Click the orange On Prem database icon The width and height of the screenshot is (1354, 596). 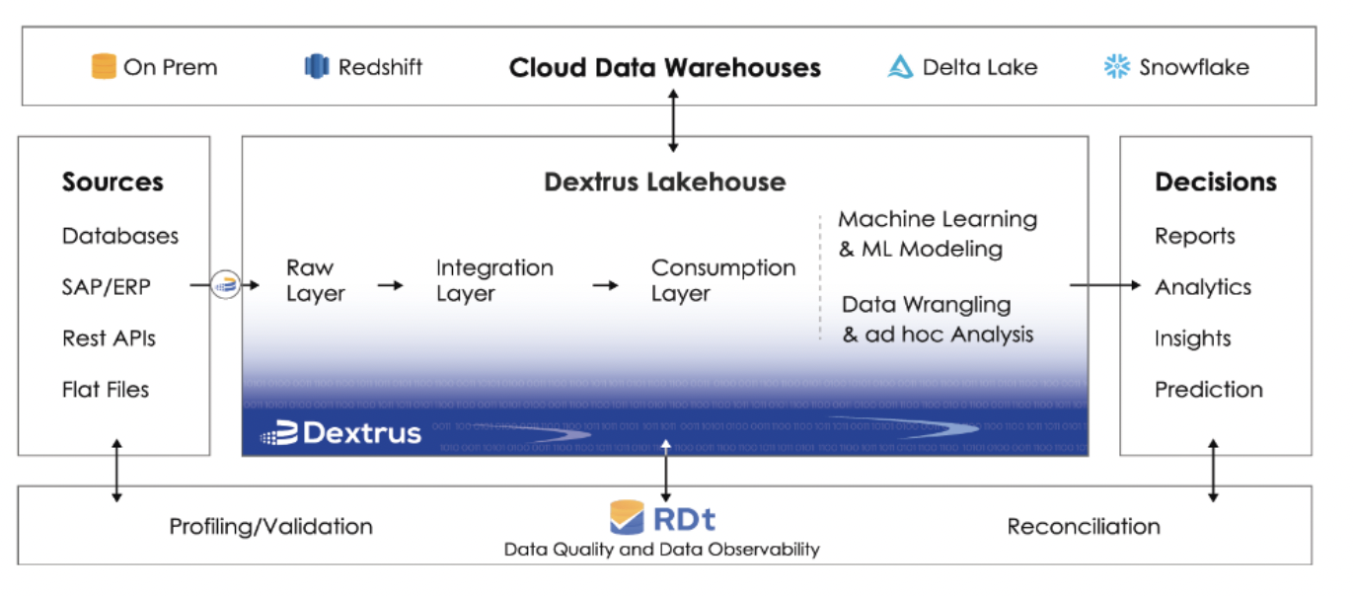pos(104,67)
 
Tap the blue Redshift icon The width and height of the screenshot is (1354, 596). pos(316,67)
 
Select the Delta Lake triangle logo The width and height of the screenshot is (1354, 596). pos(900,67)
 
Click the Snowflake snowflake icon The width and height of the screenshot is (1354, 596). pos(1116,67)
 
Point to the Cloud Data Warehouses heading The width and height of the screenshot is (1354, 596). pos(664,68)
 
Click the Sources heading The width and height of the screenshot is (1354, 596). pos(113,183)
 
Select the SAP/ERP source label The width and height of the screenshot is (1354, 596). pos(106,287)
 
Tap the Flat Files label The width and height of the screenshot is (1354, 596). pos(106,390)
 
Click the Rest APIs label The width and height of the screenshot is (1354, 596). pos(109,338)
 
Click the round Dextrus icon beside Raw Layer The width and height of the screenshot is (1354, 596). pos(226,286)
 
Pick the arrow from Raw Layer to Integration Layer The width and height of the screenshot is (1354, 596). pos(391,285)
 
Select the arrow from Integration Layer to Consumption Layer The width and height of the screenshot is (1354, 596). pos(605,285)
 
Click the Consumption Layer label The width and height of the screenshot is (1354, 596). pos(722,280)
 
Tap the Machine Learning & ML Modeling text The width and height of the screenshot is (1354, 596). pos(937,234)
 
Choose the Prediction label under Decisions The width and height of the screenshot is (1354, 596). pos(1208,390)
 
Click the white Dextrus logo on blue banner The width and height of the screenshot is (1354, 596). pos(340,433)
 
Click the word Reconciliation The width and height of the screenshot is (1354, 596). pos(1083,527)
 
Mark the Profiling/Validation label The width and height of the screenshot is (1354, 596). pos(270,527)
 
